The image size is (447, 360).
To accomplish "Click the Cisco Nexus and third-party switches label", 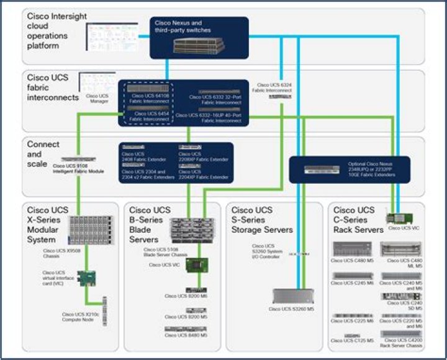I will [183, 27].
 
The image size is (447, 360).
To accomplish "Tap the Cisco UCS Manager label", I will [97, 97].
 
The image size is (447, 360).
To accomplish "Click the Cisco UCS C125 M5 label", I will [353, 341].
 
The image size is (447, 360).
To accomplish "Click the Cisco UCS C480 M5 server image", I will [352, 250].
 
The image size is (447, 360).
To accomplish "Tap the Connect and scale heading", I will [43, 149].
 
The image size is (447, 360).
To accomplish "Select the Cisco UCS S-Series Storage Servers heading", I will [261, 220].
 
